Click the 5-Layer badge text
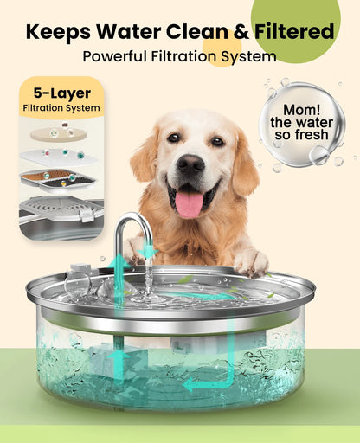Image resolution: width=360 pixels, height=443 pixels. point(61,93)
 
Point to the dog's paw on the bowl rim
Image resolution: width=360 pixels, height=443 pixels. point(250,261)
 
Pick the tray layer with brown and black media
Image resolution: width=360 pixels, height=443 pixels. point(59,177)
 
